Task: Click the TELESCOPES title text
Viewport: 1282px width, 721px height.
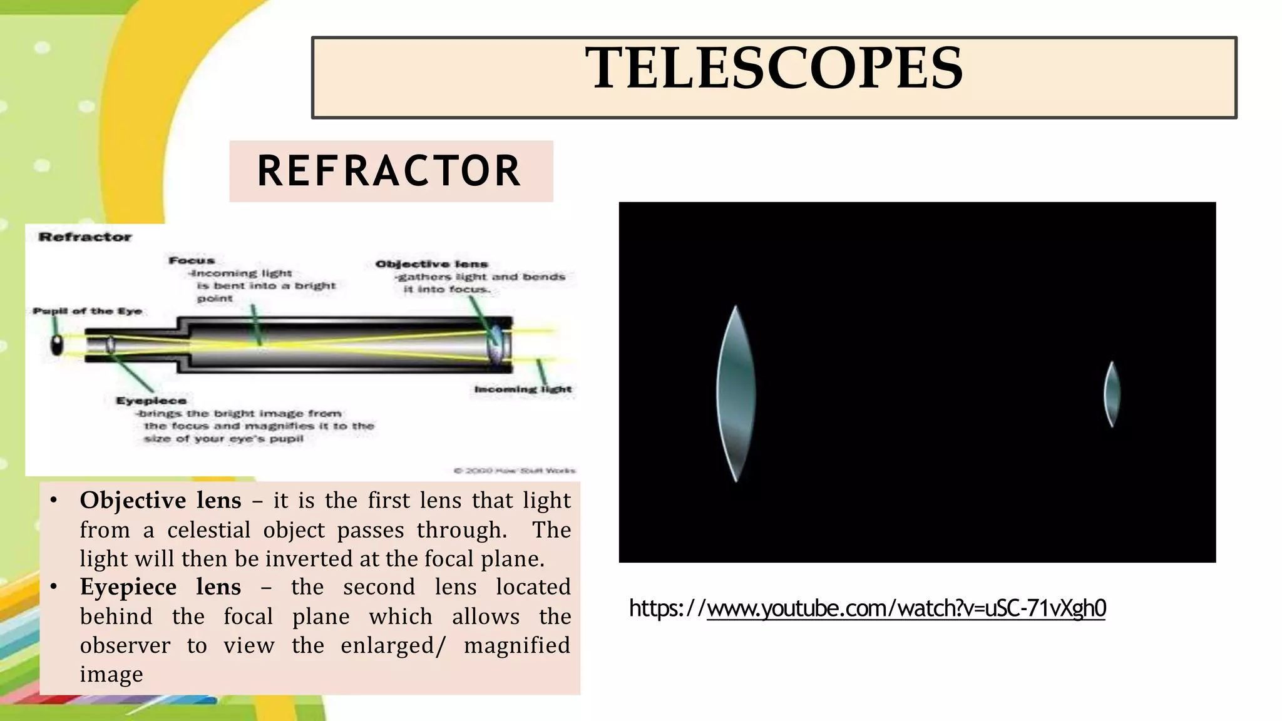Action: [x=774, y=69]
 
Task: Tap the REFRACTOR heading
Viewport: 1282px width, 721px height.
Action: [x=389, y=171]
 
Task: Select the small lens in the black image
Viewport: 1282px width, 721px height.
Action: [x=1112, y=394]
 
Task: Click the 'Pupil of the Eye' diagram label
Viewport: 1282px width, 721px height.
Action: [x=87, y=311]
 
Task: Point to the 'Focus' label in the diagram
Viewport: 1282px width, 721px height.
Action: [x=192, y=260]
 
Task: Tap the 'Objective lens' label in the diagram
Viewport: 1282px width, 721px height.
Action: [x=431, y=264]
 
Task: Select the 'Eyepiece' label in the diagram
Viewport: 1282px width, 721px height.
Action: [x=151, y=401]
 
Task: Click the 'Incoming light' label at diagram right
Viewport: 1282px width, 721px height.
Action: [x=523, y=389]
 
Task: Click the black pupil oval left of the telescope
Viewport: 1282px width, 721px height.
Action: [x=57, y=345]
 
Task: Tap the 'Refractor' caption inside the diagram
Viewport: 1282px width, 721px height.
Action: [x=85, y=237]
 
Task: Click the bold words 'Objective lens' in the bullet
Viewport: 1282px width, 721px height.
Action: [x=160, y=500]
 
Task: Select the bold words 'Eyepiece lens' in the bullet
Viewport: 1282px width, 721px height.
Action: [x=160, y=587]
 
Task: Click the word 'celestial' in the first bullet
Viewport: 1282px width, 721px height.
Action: [x=208, y=530]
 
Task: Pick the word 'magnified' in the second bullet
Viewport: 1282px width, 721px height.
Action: [x=517, y=645]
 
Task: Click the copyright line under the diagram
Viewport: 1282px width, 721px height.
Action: [x=514, y=471]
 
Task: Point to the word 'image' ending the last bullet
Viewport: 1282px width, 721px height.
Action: [x=111, y=675]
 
